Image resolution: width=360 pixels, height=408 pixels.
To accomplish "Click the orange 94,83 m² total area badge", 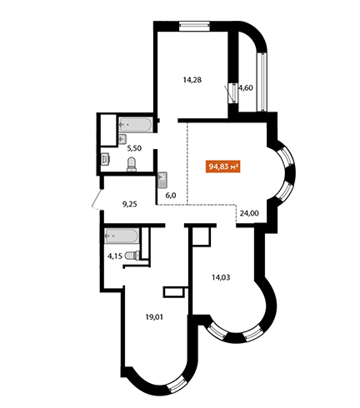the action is [222, 167].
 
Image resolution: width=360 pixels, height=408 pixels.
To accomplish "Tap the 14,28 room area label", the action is [192, 80].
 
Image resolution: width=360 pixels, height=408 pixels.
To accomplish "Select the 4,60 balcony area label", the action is [246, 88].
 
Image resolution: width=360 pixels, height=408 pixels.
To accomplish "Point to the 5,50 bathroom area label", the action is [134, 148].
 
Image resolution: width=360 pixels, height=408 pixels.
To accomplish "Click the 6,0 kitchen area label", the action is [171, 196].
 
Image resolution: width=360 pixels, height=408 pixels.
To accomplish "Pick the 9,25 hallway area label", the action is [130, 205].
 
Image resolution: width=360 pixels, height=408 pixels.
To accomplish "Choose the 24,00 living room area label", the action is [249, 213].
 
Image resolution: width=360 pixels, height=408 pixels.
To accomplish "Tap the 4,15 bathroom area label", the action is [115, 256].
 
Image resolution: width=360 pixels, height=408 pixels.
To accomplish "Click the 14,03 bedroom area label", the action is [221, 277].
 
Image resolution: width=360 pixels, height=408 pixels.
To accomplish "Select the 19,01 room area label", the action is [154, 316].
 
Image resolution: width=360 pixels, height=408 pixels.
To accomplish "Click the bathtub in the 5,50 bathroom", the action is [135, 125].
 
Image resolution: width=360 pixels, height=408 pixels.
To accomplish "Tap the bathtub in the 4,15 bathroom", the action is [122, 236].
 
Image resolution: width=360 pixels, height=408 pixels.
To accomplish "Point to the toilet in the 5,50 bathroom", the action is [132, 164].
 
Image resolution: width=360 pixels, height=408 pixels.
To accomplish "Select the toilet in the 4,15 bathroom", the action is [132, 256].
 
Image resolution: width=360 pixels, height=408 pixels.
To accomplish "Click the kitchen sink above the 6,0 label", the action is [162, 181].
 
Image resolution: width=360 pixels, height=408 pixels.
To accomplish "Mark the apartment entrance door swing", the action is [97, 199].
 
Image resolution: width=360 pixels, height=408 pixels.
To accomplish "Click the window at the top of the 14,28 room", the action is [194, 26].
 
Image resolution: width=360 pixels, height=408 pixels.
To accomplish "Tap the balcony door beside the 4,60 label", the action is [233, 93].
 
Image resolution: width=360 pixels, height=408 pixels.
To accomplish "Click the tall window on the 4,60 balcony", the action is [262, 82].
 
